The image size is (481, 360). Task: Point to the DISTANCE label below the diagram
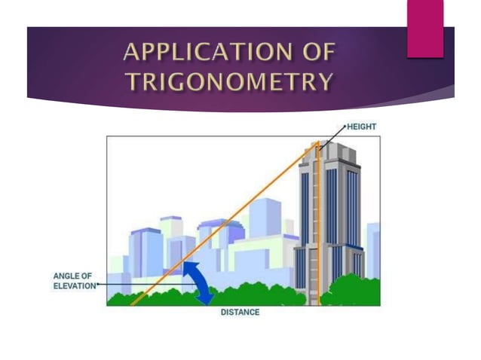point(240,312)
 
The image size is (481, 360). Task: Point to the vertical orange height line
point(318,226)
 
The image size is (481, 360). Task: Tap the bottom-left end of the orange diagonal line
point(133,304)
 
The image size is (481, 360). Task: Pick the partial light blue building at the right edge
point(373,249)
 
